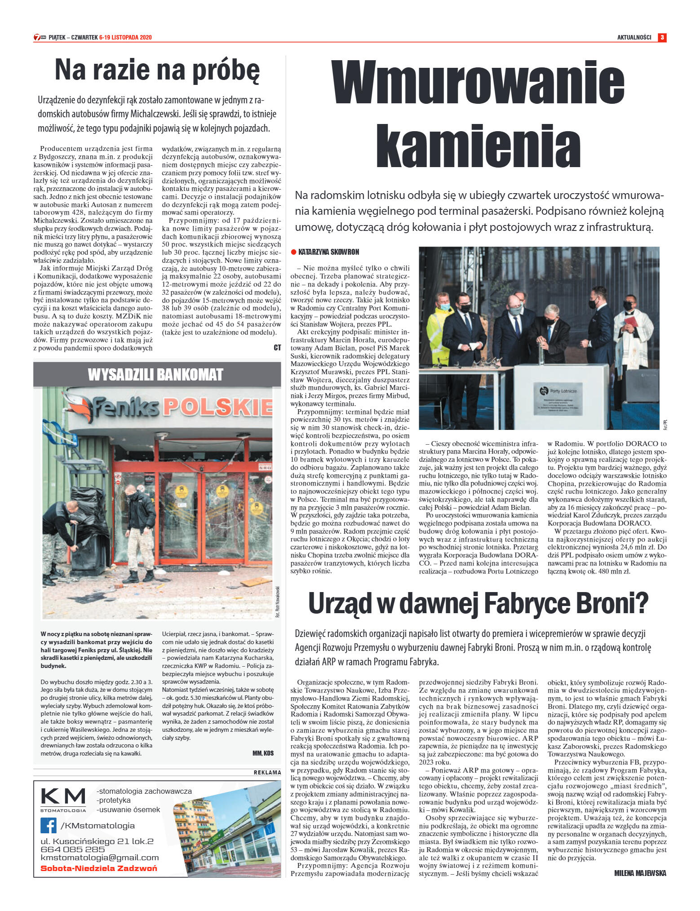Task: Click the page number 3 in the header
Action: [662, 37]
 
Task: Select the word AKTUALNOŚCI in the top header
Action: [634, 38]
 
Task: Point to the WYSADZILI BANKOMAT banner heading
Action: [155, 375]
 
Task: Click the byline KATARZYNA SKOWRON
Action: [328, 252]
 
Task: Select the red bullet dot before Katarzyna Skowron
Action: [294, 252]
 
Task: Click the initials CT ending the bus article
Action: [277, 348]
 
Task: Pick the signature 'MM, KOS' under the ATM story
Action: [263, 753]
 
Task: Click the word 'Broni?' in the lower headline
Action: [610, 603]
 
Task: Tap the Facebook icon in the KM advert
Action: [48, 826]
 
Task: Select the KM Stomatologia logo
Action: [63, 800]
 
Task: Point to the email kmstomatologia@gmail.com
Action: [99, 858]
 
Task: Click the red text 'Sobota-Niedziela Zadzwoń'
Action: [99, 868]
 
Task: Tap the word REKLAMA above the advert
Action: [267, 773]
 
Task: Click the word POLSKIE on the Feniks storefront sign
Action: [217, 406]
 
